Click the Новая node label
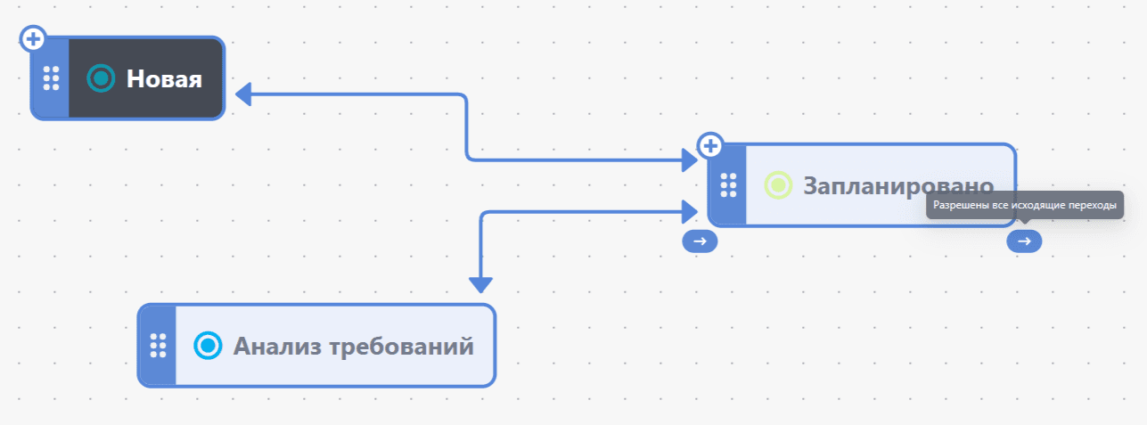164,79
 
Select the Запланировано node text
898,185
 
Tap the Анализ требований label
353,346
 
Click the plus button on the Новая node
33,39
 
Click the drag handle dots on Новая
51,78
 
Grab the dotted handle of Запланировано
728,184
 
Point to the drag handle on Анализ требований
159,346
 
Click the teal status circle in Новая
101,78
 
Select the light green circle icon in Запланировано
778,184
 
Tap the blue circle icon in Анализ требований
208,346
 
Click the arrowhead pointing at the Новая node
243,94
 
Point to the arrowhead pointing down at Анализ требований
481,285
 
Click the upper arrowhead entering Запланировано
690,160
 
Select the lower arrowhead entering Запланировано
690,211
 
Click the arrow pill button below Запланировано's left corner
700,241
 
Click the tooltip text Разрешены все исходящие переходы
1025,205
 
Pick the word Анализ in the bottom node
277,346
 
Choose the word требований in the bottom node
401,347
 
